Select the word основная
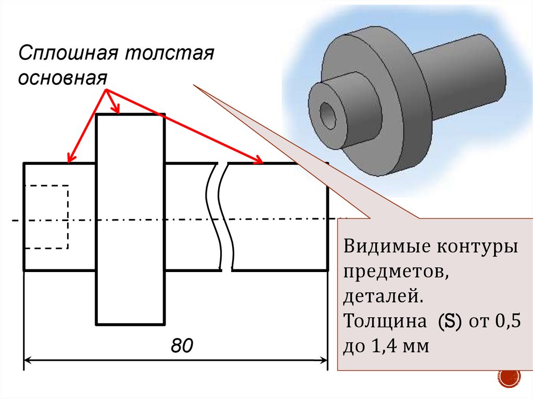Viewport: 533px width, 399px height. point(63,78)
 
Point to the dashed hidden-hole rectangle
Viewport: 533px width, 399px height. point(47,216)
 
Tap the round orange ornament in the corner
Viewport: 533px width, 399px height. point(510,377)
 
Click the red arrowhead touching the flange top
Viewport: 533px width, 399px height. point(118,109)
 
